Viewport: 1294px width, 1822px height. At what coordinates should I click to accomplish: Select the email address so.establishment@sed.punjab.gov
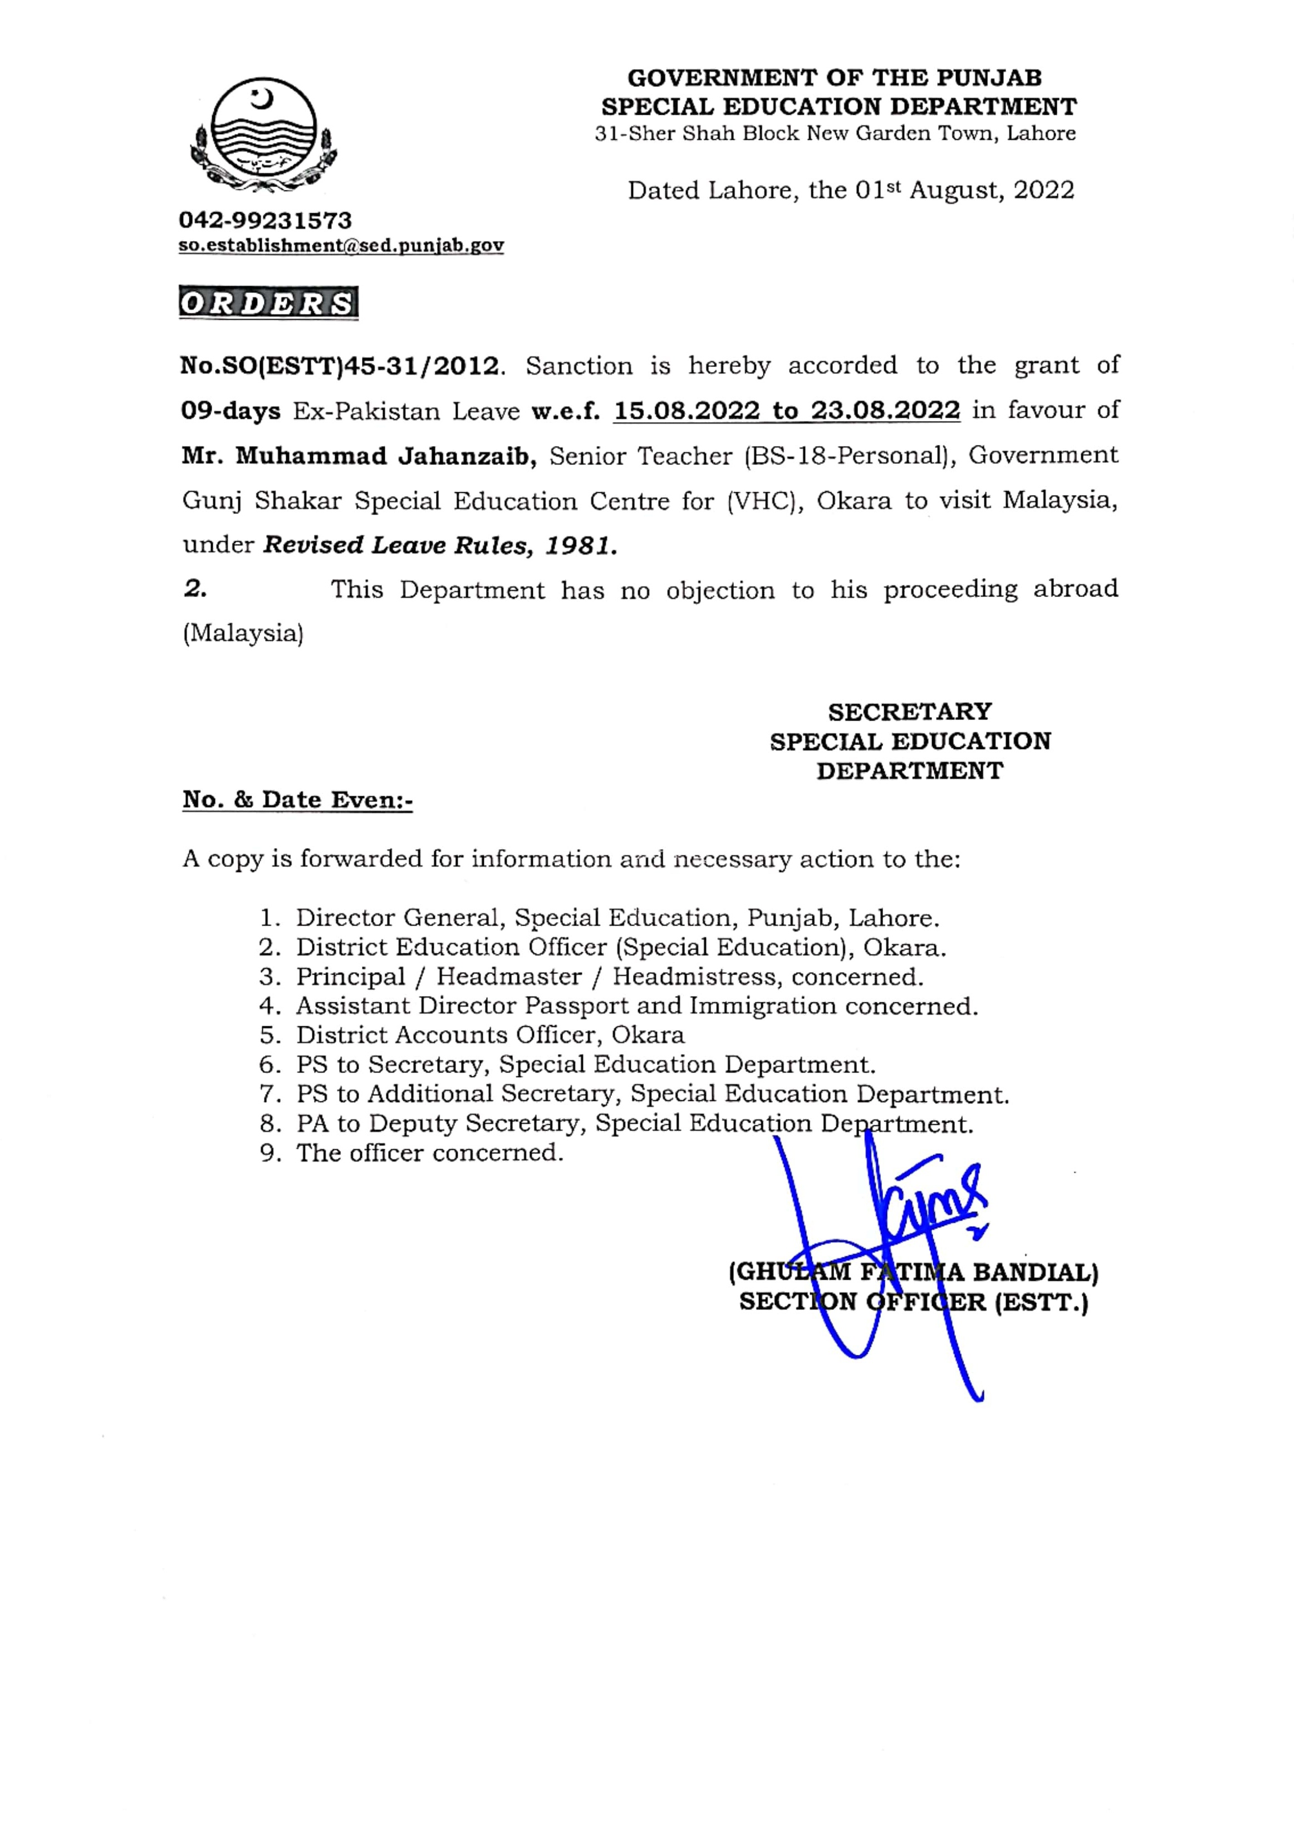point(341,246)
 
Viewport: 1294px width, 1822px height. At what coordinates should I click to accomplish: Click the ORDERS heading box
point(268,303)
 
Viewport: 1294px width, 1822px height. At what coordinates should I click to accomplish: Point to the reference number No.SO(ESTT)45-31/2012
point(341,366)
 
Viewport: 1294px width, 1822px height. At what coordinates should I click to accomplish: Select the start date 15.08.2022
point(687,411)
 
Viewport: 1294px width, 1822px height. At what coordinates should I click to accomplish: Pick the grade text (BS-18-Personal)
point(849,457)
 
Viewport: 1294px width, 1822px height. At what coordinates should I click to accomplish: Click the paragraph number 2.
point(194,590)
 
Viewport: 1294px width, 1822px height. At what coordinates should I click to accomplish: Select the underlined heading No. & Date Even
point(297,800)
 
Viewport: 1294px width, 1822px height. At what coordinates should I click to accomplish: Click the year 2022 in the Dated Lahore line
point(1044,190)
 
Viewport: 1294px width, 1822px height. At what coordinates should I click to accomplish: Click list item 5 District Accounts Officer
point(489,1035)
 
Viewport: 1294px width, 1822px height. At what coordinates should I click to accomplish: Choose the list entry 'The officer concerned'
point(429,1153)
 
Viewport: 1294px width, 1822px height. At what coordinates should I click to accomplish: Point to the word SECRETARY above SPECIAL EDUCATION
point(909,712)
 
